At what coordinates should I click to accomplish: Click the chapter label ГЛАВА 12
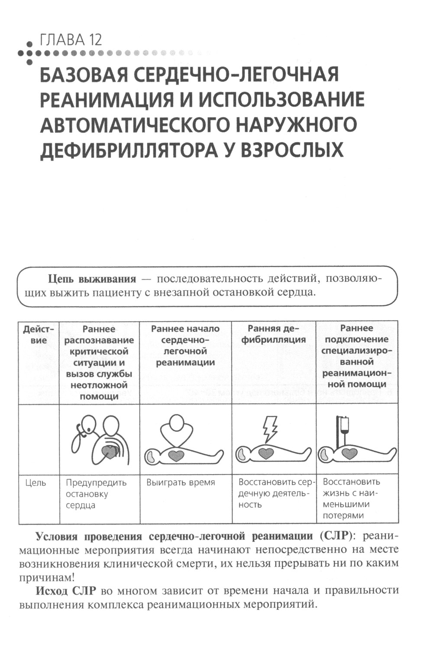click(71, 40)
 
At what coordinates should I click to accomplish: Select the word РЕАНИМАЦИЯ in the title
click(115, 100)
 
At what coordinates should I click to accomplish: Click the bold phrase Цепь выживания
click(92, 278)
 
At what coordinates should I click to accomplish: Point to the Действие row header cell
click(39, 335)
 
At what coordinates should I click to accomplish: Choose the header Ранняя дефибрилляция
click(274, 334)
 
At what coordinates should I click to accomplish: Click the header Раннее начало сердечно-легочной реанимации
click(185, 345)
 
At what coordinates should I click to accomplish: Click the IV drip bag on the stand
click(344, 426)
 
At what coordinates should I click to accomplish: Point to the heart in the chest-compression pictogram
click(176, 455)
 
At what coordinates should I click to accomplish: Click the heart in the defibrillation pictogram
click(265, 453)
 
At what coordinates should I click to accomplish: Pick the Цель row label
click(36, 482)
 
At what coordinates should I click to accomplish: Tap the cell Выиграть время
click(181, 482)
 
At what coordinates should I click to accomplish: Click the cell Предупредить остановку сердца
click(96, 494)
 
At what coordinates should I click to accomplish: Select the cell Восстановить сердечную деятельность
click(274, 493)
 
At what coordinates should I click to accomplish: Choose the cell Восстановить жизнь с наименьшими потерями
click(351, 498)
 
